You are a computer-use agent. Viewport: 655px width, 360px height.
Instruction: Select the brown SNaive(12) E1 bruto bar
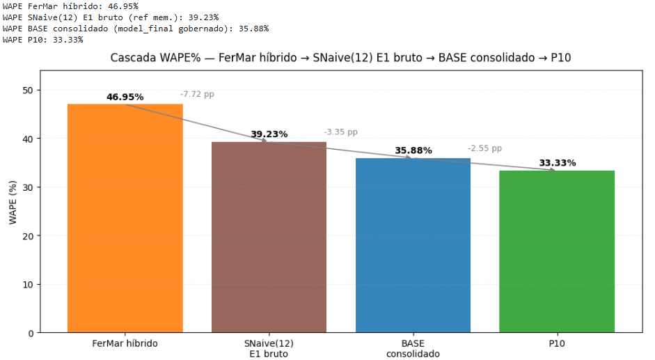tap(269, 237)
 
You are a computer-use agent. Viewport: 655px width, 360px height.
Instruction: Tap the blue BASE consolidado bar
tap(413, 245)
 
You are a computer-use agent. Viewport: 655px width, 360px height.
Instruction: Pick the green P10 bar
tap(557, 251)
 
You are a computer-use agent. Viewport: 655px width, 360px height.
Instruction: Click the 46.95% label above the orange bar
tap(125, 97)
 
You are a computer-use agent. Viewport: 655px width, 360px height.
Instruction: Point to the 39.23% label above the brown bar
tap(269, 134)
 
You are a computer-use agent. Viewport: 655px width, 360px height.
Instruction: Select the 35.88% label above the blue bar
tap(413, 150)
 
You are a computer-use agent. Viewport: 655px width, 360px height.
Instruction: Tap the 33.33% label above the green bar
tap(557, 163)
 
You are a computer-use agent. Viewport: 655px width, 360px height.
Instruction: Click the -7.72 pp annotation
tap(197, 94)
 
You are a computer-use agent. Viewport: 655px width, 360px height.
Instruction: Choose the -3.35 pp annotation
tap(340, 132)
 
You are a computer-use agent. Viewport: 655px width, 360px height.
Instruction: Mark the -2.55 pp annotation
tap(484, 148)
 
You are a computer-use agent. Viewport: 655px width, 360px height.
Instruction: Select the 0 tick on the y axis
tap(30, 333)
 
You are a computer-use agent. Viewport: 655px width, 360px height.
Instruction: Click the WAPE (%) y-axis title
tap(13, 202)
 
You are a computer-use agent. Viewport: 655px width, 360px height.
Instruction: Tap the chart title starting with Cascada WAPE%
tap(340, 58)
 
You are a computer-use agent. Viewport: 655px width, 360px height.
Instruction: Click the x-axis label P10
tap(557, 343)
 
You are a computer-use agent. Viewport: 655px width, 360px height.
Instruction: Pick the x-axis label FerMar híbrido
tap(125, 343)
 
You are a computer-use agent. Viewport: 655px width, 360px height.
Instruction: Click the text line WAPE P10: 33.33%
tap(42, 40)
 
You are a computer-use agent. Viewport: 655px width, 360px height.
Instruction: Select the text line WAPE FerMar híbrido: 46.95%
tap(70, 6)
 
